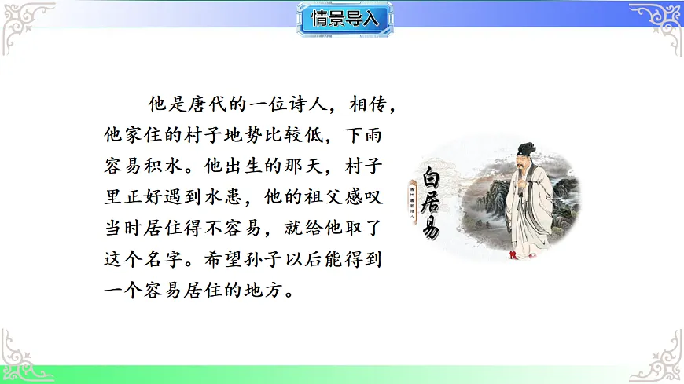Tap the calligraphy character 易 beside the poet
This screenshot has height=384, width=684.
[x=428, y=228]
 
